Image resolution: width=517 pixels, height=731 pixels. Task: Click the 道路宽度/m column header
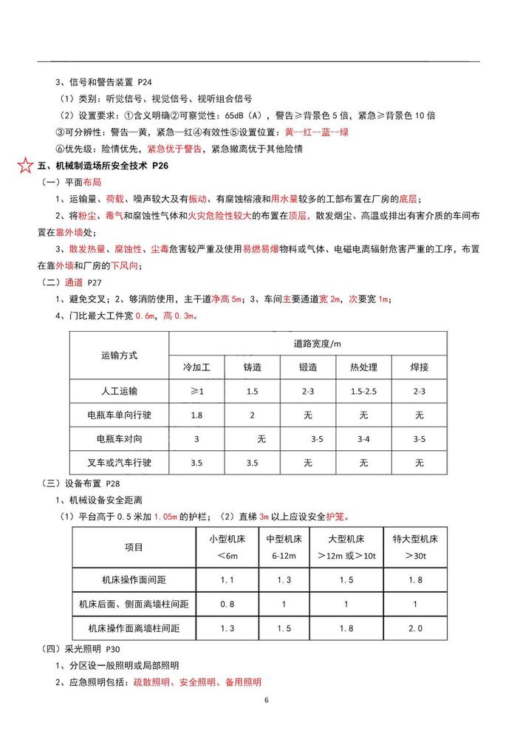(x=308, y=343)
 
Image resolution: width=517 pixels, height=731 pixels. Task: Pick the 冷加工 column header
(x=197, y=367)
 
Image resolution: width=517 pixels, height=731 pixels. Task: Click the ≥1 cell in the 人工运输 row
(x=197, y=391)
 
